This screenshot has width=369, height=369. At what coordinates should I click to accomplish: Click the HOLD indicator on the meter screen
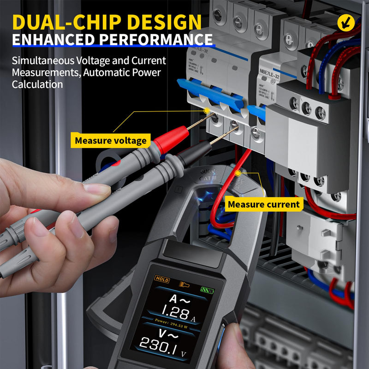tap(162, 280)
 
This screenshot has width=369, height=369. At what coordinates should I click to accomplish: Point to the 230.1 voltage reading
tap(159, 344)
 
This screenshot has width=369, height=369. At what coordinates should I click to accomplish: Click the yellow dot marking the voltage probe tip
tap(207, 111)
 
